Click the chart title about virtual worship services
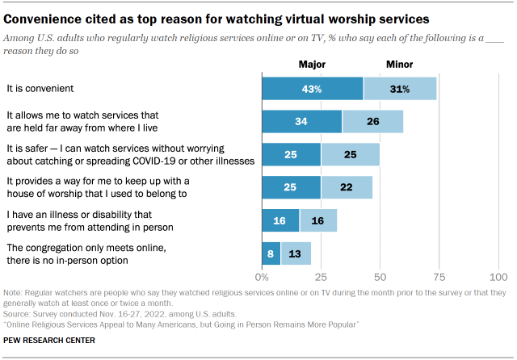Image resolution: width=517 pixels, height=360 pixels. pos(228,16)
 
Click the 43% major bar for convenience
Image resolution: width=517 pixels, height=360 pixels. pos(312,88)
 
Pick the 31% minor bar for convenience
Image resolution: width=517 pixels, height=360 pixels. pos(400,88)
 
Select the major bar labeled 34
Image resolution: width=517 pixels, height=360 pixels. pos(301,122)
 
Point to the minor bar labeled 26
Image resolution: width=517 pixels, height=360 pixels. pos(372,122)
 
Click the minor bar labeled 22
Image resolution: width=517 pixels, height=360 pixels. pos(347,187)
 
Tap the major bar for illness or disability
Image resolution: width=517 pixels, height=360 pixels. pos(280,220)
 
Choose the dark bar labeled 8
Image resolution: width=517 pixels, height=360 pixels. pos(271,253)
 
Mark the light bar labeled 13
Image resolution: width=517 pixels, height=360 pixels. pos(296,253)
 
